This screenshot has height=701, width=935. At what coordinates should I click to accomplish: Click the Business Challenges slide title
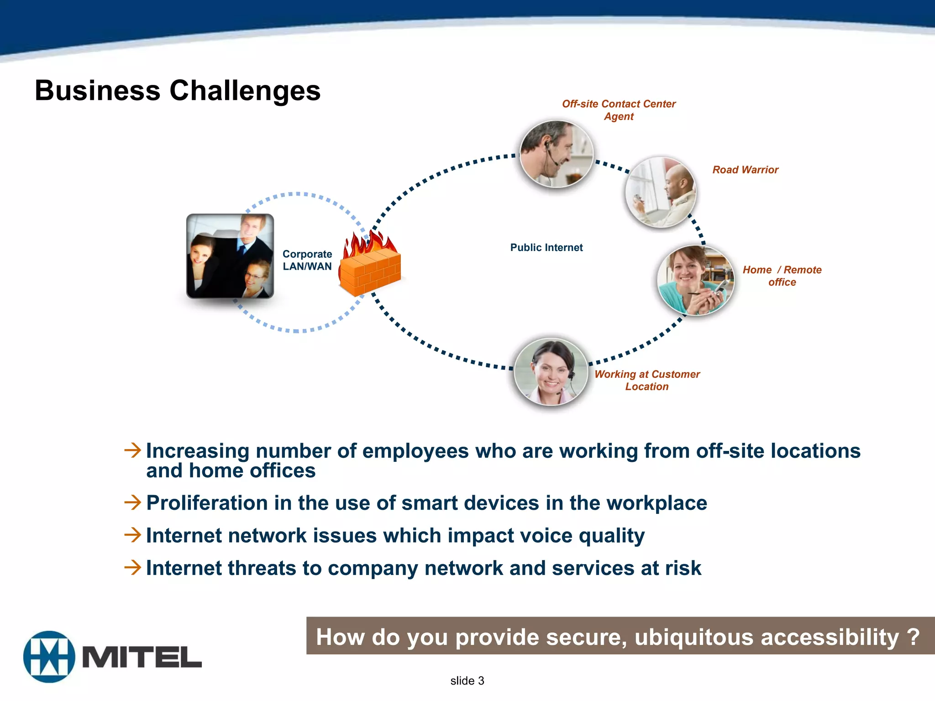tap(178, 90)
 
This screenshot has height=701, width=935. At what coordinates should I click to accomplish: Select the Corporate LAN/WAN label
tap(307, 260)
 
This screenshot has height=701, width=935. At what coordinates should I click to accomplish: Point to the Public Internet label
tap(546, 247)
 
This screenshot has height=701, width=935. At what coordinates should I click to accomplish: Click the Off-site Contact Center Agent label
tap(619, 110)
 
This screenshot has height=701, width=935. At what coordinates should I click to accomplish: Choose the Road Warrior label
tap(745, 170)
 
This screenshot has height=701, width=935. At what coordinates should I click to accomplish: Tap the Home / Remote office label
tap(782, 276)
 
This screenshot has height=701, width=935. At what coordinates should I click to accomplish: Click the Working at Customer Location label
tap(647, 380)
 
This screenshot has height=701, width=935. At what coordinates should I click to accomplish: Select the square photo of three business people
tap(230, 256)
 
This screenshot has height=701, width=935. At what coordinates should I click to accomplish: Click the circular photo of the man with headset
tap(557, 154)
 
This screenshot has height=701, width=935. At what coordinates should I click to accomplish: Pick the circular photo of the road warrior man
tap(661, 192)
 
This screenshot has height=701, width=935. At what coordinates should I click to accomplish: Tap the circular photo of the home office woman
tap(695, 280)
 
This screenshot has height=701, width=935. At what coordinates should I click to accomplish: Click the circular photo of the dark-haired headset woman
tap(551, 371)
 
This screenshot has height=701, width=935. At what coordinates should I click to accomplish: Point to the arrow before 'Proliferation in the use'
tap(133, 502)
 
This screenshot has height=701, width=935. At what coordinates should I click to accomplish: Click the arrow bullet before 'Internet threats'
tap(133, 568)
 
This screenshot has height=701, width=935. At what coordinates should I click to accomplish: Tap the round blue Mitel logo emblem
tap(49, 657)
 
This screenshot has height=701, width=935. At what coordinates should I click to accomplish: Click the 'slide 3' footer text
tap(467, 681)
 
